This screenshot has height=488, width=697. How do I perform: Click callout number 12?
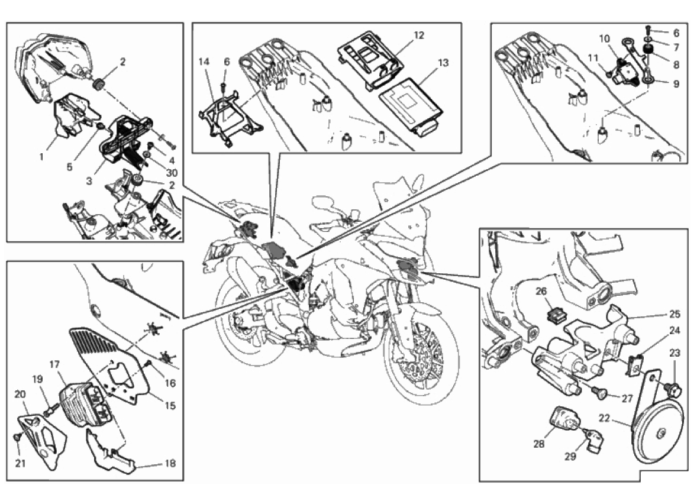[419, 35]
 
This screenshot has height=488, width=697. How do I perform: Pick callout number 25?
[675, 314]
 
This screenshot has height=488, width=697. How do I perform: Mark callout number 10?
[604, 39]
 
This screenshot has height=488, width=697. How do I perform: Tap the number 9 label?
[676, 83]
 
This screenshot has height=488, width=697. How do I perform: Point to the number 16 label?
[170, 383]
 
